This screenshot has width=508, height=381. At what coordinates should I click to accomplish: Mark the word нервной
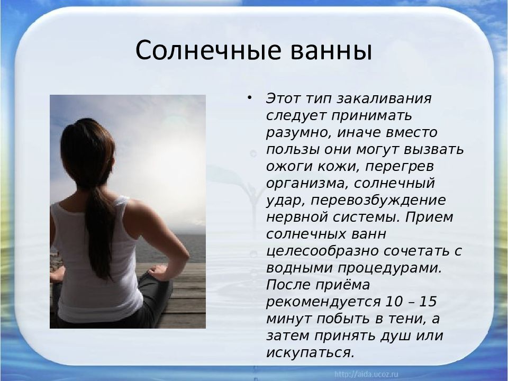[x=298, y=217]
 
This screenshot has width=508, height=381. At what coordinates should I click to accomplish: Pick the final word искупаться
[x=310, y=352]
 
